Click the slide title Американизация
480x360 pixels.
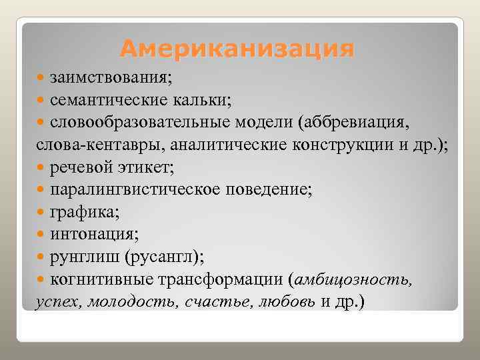[x=237, y=49]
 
